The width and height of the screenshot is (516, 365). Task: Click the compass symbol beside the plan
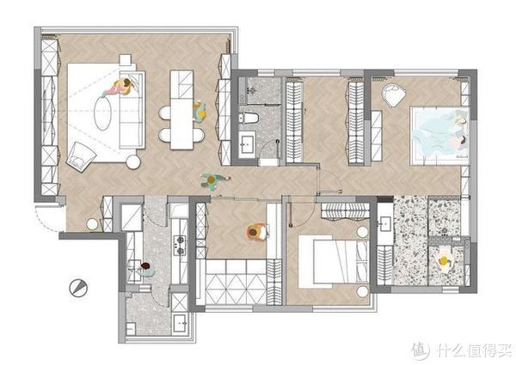[x=78, y=288]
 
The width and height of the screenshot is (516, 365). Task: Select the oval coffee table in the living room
[x=102, y=113]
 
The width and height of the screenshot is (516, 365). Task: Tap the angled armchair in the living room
[x=81, y=156]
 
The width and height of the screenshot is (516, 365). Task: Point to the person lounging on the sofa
[x=120, y=87]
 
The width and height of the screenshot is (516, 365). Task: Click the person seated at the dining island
[x=200, y=111]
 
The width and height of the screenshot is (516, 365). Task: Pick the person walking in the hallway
[x=213, y=180]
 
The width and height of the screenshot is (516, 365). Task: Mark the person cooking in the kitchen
[x=146, y=270]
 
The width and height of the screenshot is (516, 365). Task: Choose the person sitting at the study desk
[x=257, y=232]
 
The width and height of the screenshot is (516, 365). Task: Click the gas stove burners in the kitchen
[x=180, y=246]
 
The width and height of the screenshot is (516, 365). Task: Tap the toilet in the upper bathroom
[x=249, y=118]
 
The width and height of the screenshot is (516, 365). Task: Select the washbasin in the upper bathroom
[x=247, y=143]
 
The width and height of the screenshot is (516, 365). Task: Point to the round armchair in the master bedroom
[x=393, y=95]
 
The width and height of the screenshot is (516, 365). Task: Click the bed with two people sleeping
[x=439, y=136]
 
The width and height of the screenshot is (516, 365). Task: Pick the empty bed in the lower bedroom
[x=333, y=262]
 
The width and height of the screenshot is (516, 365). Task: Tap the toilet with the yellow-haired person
[x=445, y=260]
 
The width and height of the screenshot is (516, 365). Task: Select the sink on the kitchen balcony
[x=180, y=323]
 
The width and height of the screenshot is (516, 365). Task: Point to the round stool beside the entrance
[x=92, y=224]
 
